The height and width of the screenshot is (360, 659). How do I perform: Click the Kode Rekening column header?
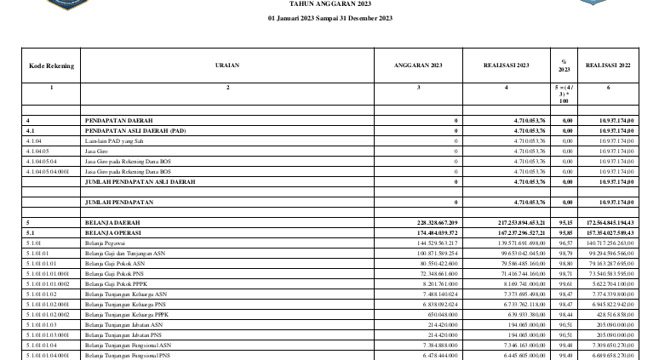pyautogui.click(x=51, y=66)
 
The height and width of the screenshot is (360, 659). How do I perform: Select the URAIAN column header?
pyautogui.click(x=227, y=66)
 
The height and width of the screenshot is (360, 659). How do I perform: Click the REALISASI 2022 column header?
pyautogui.click(x=607, y=66)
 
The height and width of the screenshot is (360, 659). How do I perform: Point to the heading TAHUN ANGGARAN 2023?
pyautogui.click(x=329, y=4)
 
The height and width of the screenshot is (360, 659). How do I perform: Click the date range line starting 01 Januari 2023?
pyautogui.click(x=329, y=19)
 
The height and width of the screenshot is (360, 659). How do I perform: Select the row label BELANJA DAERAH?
pyautogui.click(x=112, y=221)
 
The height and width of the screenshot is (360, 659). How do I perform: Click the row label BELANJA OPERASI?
pyautogui.click(x=114, y=232)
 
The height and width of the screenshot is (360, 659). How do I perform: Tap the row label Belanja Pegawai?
pyautogui.click(x=102, y=243)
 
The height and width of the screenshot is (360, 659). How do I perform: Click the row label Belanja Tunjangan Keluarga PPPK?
pyautogui.click(x=129, y=314)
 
